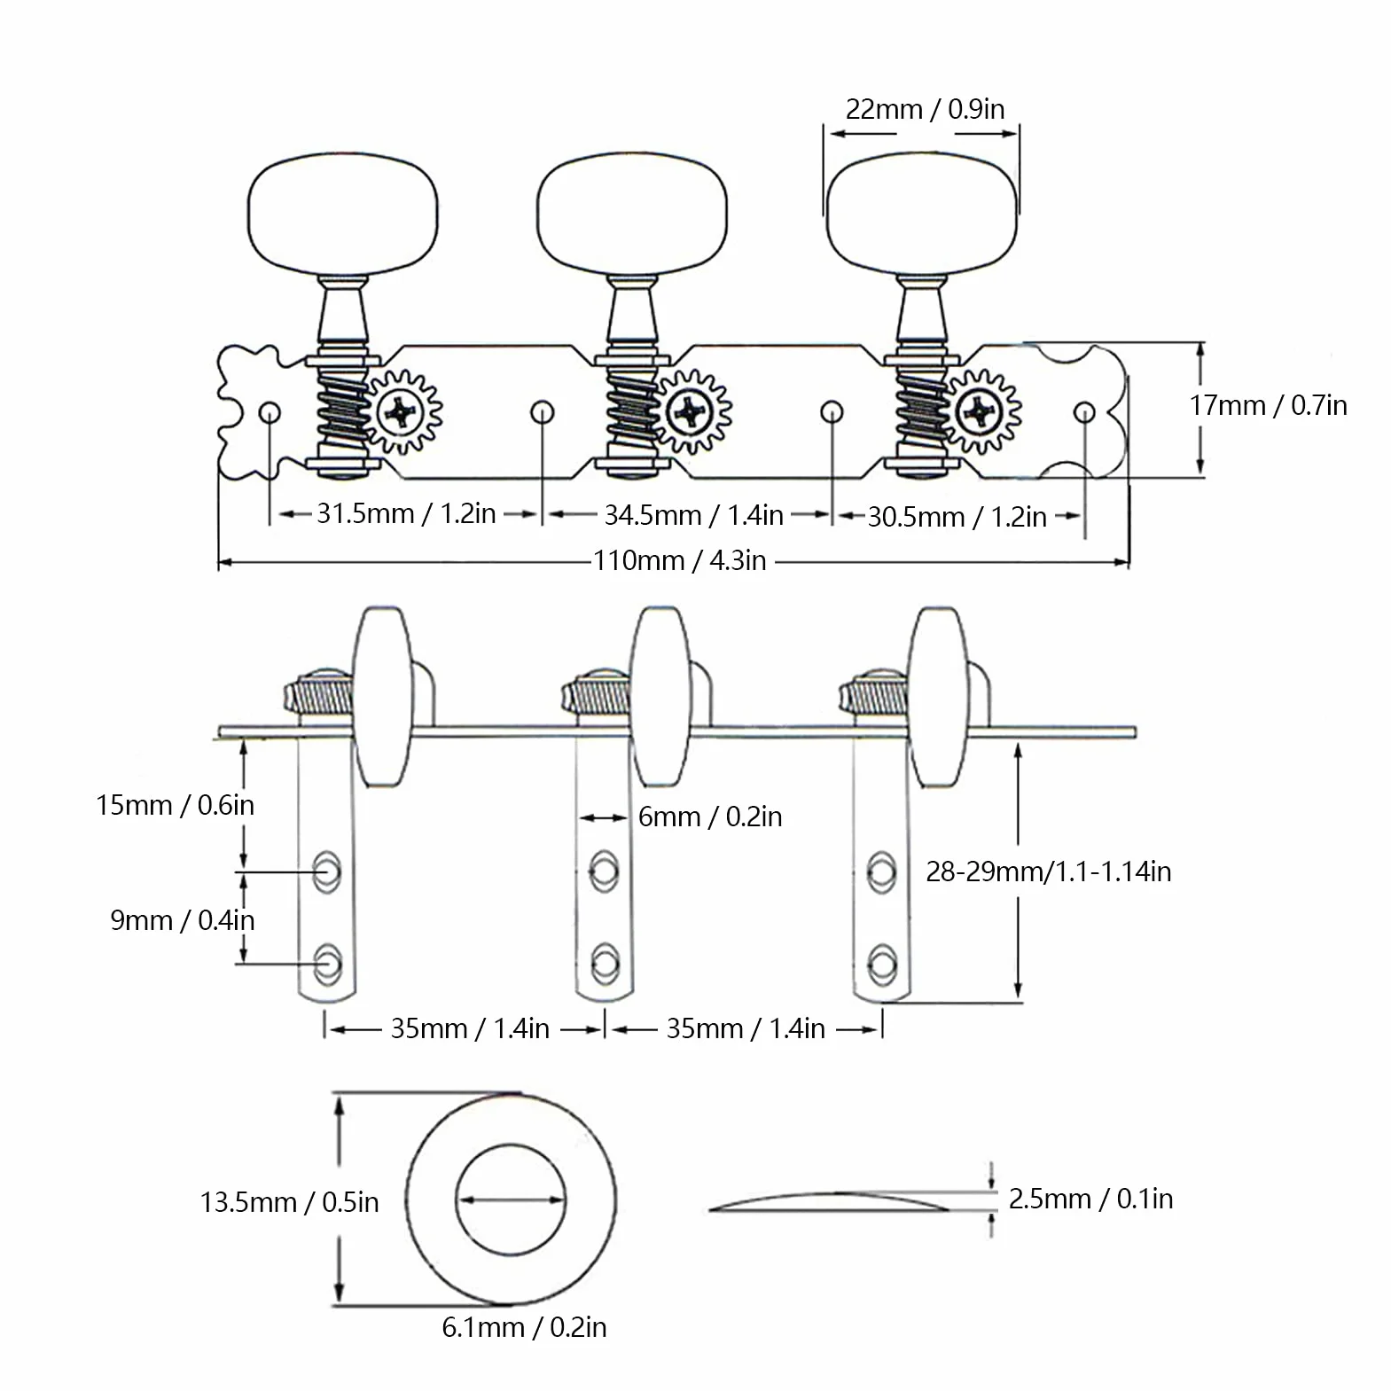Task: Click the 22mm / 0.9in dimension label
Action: coord(925,109)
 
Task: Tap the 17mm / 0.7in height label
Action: coord(1268,405)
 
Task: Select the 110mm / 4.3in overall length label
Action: coord(679,560)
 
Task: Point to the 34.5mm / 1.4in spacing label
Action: coord(693,515)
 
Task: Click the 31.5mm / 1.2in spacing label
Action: coord(406,513)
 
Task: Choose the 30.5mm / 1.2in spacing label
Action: coord(957,517)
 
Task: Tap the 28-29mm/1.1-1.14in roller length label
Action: coord(1049,871)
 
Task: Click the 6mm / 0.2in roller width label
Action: coord(710,817)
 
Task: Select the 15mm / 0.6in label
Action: coord(175,805)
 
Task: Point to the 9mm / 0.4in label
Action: coord(183,920)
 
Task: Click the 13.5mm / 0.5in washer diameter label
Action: coord(289,1202)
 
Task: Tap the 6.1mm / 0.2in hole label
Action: coord(524,1327)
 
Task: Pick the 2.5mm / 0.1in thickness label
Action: coord(1090,1199)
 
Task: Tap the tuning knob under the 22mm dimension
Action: coord(921,212)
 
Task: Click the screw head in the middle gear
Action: coord(688,411)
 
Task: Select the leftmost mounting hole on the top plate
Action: coord(270,413)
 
